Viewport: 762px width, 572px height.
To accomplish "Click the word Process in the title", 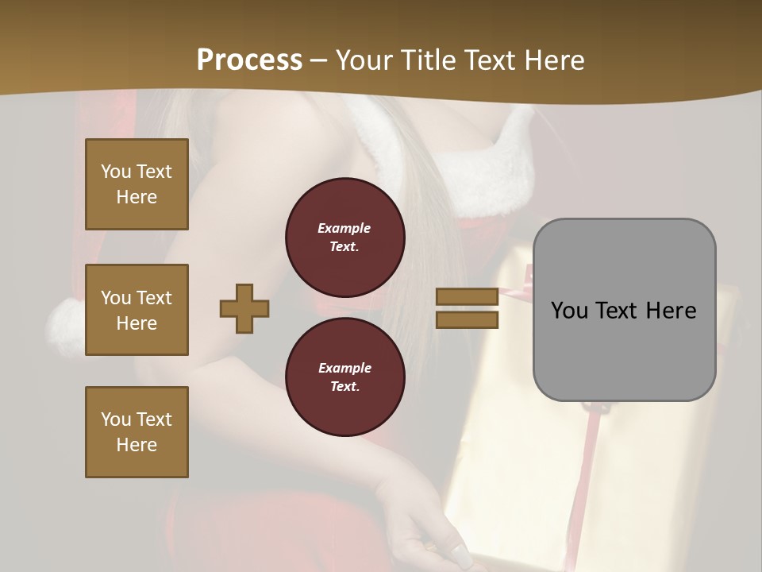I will pos(249,60).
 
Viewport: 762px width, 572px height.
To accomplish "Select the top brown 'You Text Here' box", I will pos(137,184).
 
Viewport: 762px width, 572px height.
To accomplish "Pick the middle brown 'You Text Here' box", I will pos(137,310).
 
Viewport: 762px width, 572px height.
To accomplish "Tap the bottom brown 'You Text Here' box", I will pos(137,432).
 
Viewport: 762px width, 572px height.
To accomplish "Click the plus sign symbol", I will pos(244,308).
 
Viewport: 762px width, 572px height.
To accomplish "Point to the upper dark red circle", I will pos(344,237).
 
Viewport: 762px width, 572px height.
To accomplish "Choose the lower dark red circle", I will pos(344,377).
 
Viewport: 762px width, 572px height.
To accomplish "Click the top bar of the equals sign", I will pos(467,296).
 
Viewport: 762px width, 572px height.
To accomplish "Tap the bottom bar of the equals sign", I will pos(467,319).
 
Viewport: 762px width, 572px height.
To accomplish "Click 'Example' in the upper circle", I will pos(344,228).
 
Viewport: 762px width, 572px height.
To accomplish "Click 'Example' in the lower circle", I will pos(344,368).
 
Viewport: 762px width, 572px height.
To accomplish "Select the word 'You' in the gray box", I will pos(570,311).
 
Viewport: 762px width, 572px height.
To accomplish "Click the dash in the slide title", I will pos(319,60).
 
